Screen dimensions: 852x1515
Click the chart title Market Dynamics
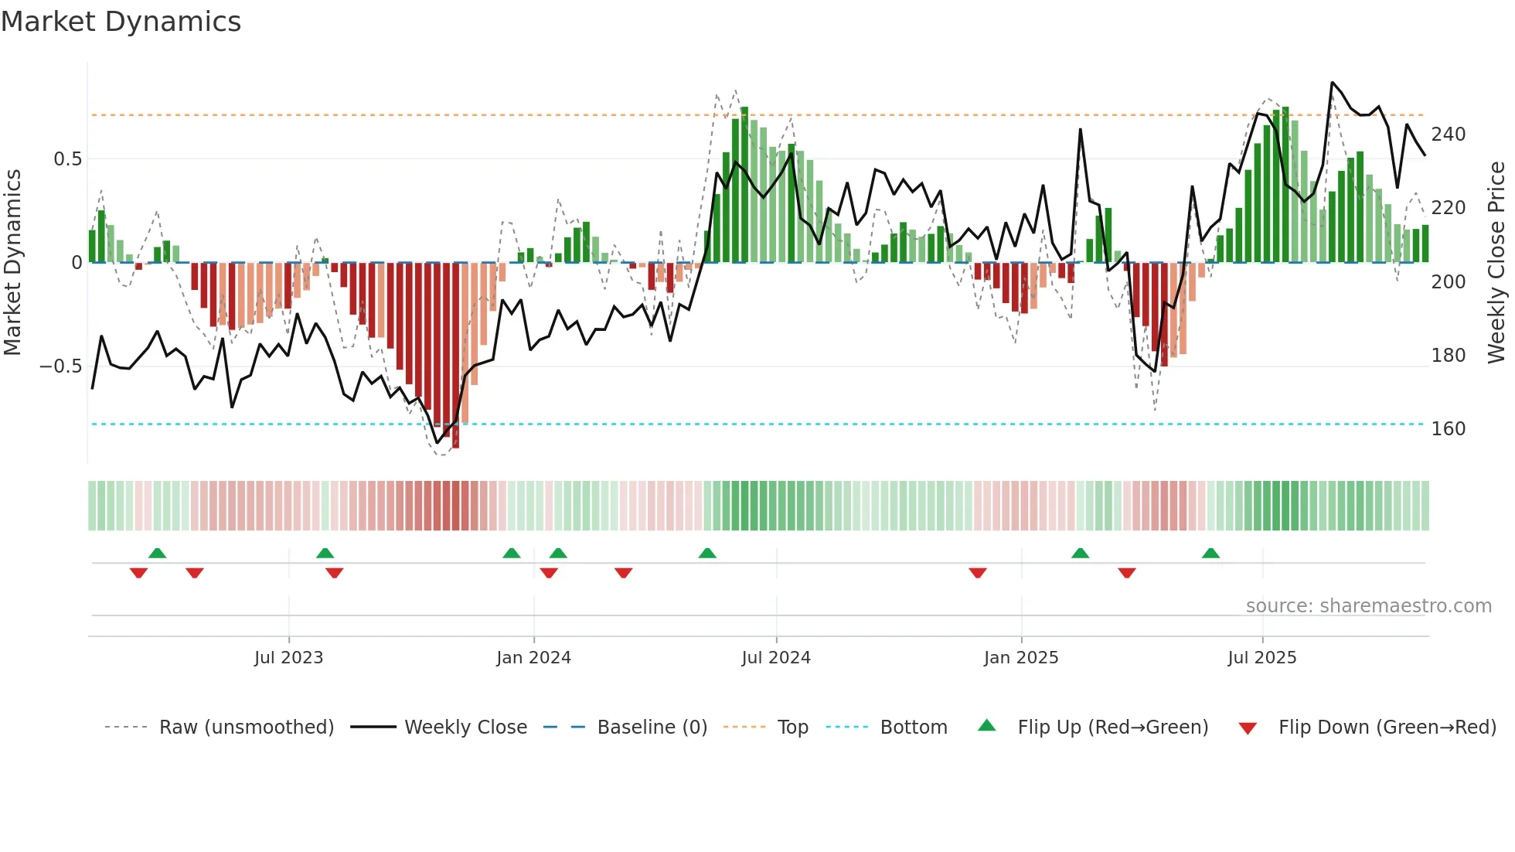tap(121, 22)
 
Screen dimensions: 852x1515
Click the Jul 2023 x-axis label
tap(288, 658)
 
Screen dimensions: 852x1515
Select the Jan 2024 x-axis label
tap(533, 658)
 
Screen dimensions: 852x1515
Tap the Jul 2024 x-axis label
tap(776, 658)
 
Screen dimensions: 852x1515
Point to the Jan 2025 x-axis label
tap(1021, 658)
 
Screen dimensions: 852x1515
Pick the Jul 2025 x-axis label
tap(1262, 658)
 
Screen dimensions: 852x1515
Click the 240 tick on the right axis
tap(1448, 135)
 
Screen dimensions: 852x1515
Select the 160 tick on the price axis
tap(1448, 429)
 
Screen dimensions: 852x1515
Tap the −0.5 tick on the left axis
tap(61, 366)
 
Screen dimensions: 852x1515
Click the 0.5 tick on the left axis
tap(67, 159)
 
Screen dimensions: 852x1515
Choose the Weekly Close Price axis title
tap(1496, 263)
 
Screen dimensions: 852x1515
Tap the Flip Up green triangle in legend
tap(987, 726)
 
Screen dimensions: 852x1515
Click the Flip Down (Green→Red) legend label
tap(1387, 728)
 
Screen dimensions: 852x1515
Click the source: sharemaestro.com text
tap(1368, 606)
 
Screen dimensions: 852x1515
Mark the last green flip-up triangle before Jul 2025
tap(1210, 554)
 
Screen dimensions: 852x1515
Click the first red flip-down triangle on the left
tap(138, 573)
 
